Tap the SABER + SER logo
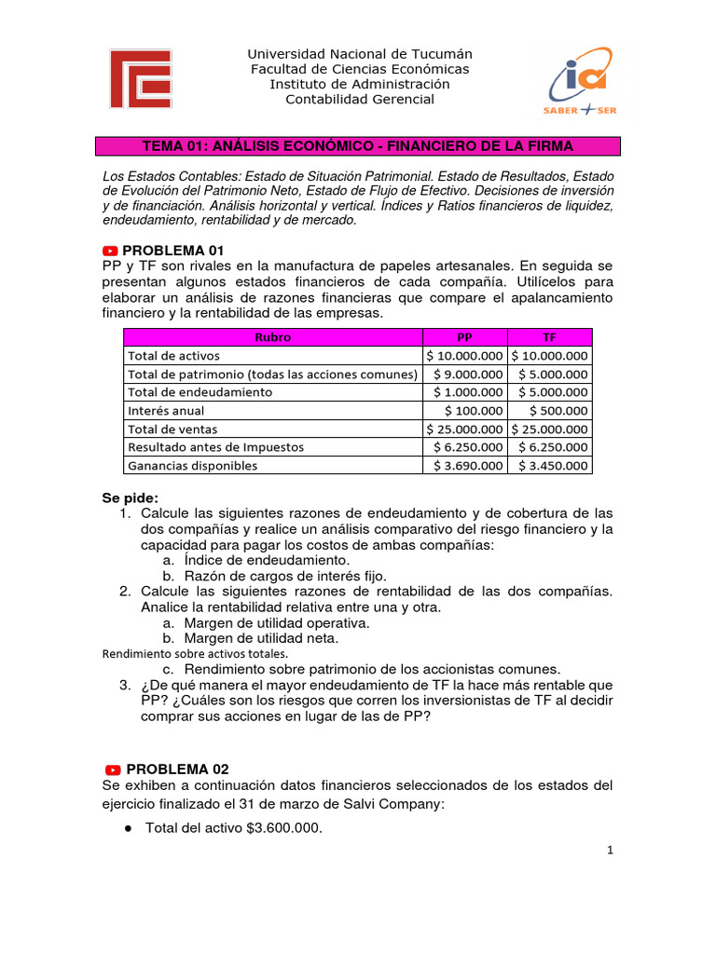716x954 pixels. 580,81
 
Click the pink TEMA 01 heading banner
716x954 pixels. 358,147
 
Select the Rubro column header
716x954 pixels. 272,337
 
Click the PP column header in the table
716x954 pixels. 464,337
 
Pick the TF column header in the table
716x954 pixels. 549,337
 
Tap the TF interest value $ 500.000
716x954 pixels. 558,411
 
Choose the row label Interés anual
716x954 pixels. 166,411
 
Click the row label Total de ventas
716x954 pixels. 172,429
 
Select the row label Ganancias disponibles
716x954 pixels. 192,466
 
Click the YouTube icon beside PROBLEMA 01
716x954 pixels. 111,251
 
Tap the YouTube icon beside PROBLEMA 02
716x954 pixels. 113,770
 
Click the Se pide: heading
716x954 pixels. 130,497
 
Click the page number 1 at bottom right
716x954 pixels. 608,850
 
